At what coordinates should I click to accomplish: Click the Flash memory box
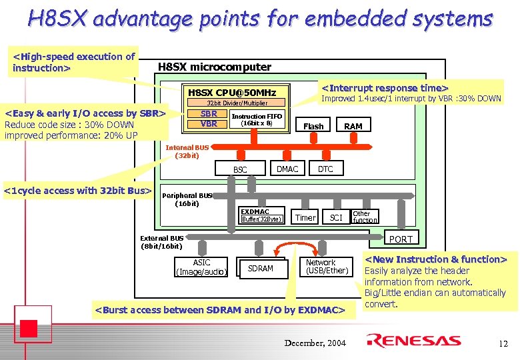point(313,126)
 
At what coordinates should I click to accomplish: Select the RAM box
point(353,126)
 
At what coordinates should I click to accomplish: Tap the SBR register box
point(209,113)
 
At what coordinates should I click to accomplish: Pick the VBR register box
point(209,123)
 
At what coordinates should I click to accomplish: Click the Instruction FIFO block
point(257,119)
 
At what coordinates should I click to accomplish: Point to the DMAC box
point(287,169)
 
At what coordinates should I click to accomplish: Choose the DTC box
point(325,169)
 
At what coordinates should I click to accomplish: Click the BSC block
point(240,170)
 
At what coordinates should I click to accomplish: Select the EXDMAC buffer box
point(262,215)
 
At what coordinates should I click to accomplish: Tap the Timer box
point(305,217)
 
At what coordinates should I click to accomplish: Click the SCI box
point(336,217)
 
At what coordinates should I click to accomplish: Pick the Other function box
point(365,217)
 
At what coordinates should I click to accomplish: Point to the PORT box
point(401,239)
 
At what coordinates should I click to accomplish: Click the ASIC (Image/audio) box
point(201,267)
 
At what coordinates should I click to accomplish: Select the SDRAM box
point(260,268)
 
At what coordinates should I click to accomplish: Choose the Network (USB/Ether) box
point(326,267)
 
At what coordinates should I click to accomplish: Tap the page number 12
point(503,343)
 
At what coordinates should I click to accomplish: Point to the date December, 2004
point(315,343)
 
